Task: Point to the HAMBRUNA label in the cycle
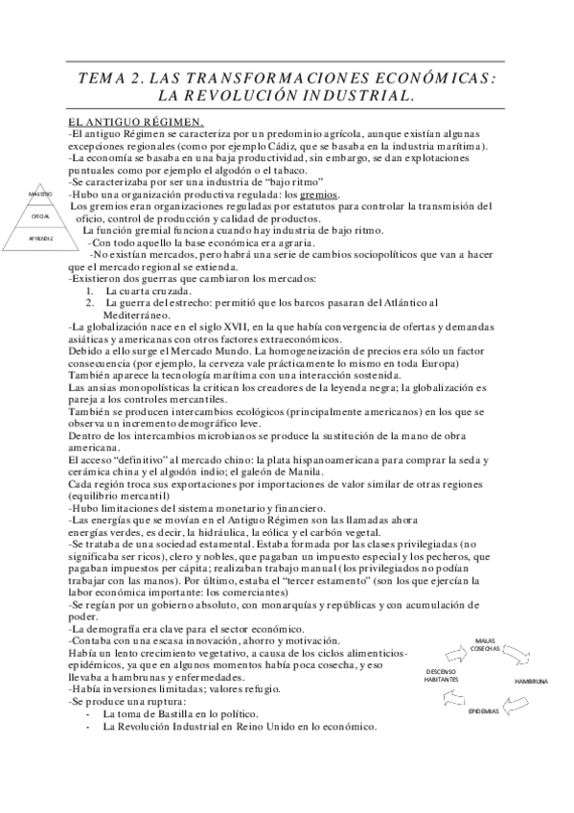click(x=530, y=681)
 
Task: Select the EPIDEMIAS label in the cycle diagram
click(x=484, y=713)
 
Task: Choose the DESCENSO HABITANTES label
click(x=442, y=675)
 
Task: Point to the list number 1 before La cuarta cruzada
click(x=89, y=290)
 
